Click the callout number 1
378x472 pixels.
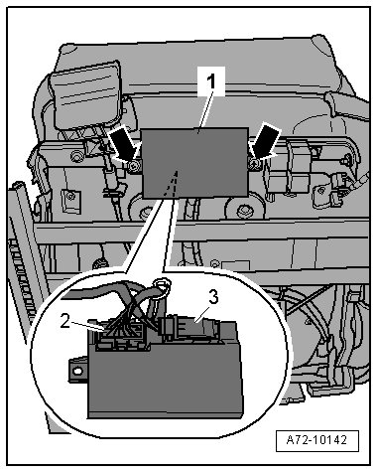click(x=211, y=81)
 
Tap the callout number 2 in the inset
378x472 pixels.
click(x=65, y=322)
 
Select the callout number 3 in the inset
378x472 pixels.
click(x=213, y=297)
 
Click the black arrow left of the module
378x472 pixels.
click(x=124, y=145)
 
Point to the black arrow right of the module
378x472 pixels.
click(x=266, y=140)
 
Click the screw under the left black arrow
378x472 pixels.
click(x=134, y=166)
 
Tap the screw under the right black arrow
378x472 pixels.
click(x=254, y=163)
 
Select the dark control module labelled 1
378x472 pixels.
click(x=195, y=163)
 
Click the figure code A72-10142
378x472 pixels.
click(x=316, y=440)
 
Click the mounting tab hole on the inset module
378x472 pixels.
click(x=77, y=371)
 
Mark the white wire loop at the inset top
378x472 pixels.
click(x=163, y=285)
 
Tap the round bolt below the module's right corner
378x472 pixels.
click(x=245, y=210)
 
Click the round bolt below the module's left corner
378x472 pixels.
click(x=144, y=211)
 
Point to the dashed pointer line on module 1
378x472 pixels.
click(x=172, y=183)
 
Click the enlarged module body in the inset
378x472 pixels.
click(x=165, y=378)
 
